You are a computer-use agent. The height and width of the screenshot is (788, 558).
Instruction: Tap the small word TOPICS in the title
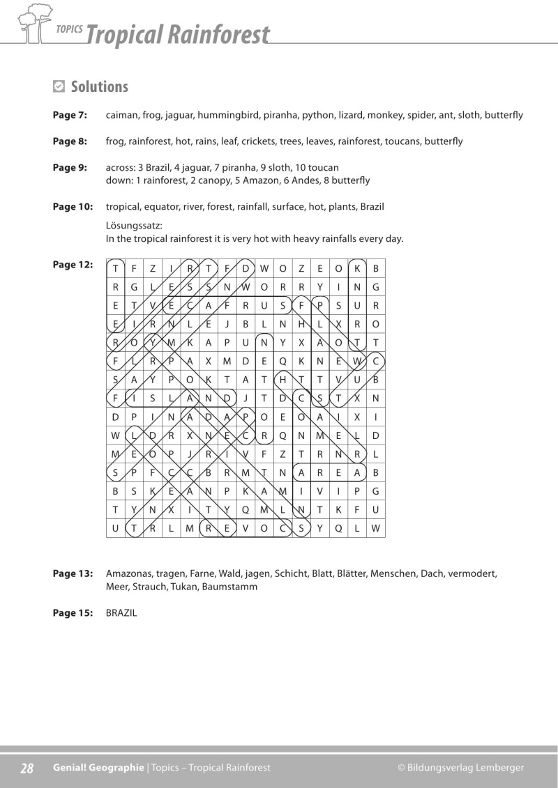tap(70, 29)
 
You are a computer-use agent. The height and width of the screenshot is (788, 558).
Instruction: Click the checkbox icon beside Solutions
tap(59, 86)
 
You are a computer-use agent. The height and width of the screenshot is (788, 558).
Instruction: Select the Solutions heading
tap(100, 86)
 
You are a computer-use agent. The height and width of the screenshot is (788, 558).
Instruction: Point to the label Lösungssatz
tap(134, 226)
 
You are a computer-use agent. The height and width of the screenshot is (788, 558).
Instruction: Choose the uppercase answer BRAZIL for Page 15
tap(121, 613)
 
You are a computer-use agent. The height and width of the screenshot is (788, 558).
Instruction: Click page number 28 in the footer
tap(27, 768)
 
